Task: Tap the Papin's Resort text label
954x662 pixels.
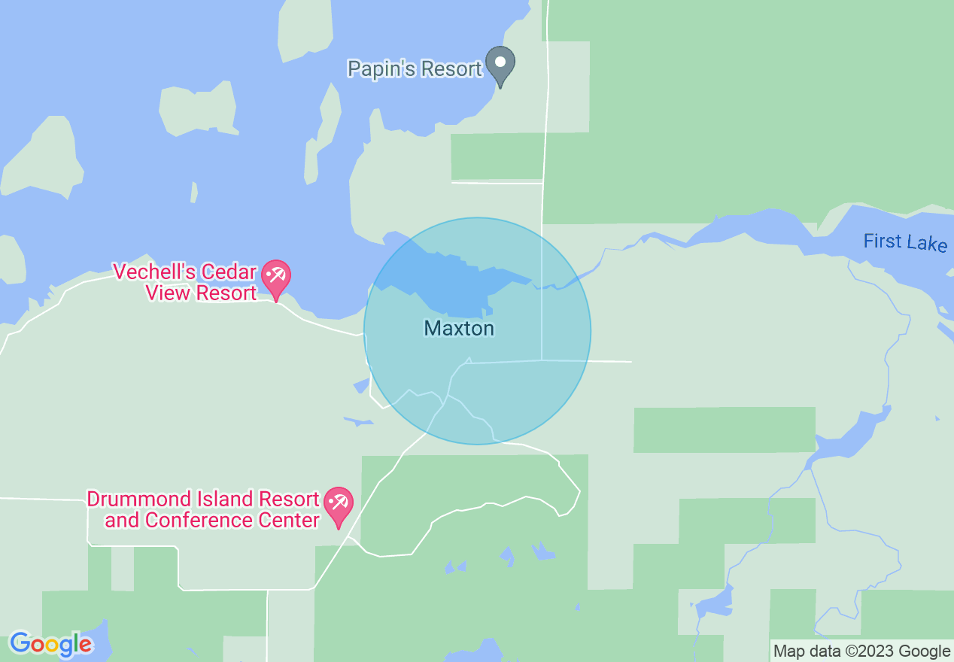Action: pyautogui.click(x=414, y=69)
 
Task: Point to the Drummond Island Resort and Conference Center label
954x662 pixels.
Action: pyautogui.click(x=204, y=509)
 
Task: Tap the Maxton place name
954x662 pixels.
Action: pyautogui.click(x=459, y=329)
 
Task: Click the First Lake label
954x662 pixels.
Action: pyautogui.click(x=904, y=242)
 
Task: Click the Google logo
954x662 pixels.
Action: pyautogui.click(x=51, y=644)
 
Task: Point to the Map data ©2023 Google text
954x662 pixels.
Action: pyautogui.click(x=862, y=651)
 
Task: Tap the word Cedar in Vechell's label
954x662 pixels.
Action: pyautogui.click(x=228, y=272)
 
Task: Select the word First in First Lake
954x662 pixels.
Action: pyautogui.click(x=882, y=241)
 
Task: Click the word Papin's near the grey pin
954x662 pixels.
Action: pyautogui.click(x=378, y=69)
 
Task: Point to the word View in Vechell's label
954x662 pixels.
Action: pyautogui.click(x=169, y=293)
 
